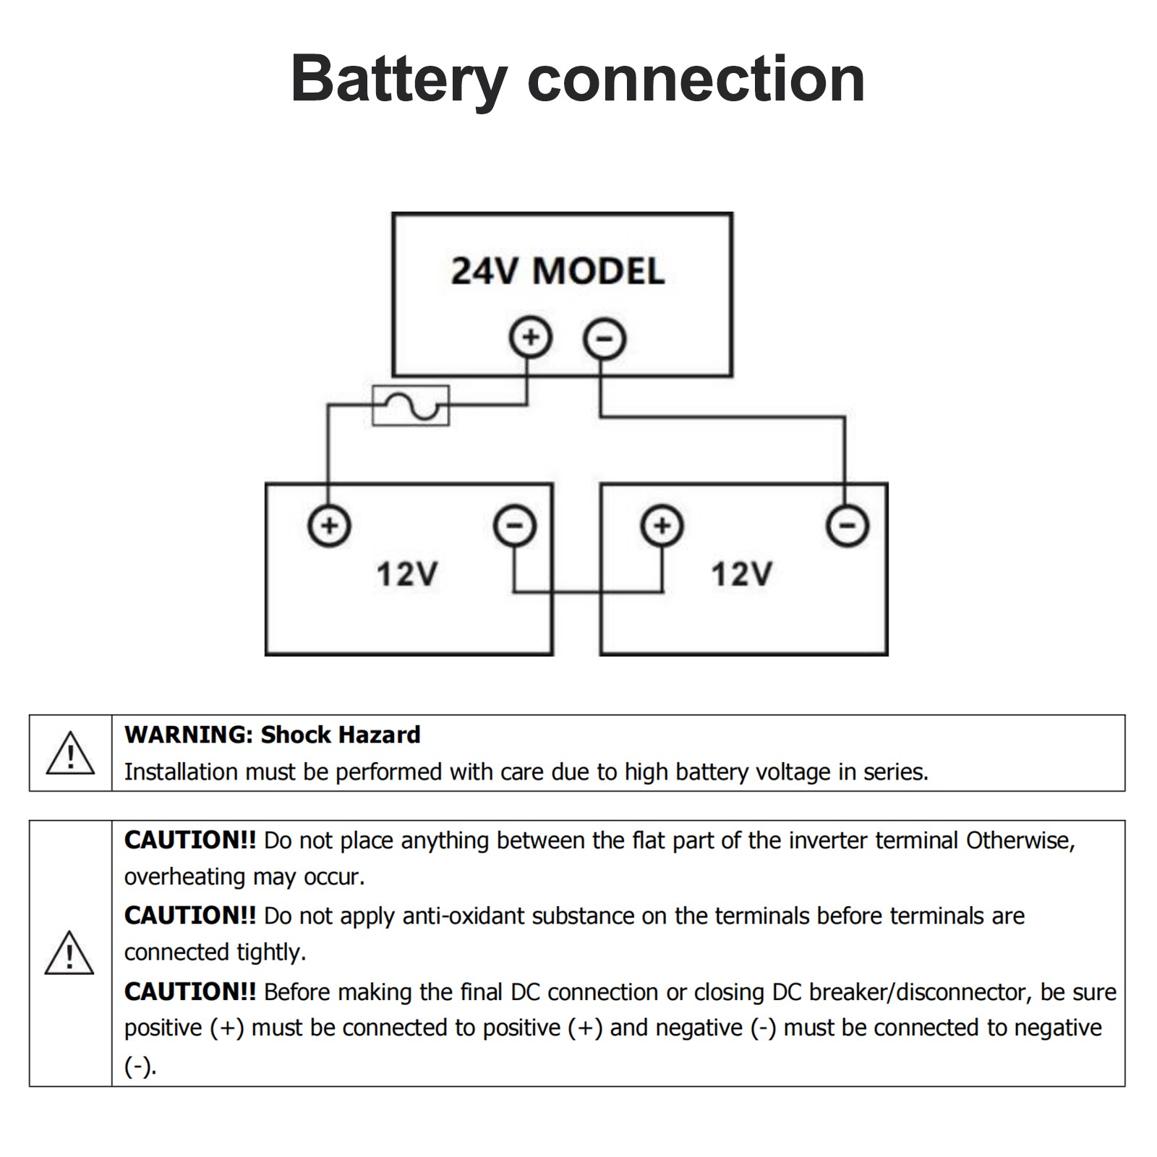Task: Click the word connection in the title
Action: (696, 80)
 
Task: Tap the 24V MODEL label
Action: (558, 272)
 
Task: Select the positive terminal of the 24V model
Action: (531, 338)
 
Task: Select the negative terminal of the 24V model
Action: (605, 339)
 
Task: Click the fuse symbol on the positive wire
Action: (411, 406)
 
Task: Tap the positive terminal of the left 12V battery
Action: (330, 525)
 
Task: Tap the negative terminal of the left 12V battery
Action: (515, 525)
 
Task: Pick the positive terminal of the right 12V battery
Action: (662, 525)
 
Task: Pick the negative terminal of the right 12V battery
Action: (848, 525)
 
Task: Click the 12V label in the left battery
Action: (407, 575)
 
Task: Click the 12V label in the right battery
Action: (742, 575)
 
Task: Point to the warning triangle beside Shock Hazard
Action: (70, 753)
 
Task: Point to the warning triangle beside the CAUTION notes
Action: (69, 953)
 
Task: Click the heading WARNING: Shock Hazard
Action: (273, 735)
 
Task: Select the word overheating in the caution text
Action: (185, 877)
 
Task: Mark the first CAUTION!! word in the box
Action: (190, 840)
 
